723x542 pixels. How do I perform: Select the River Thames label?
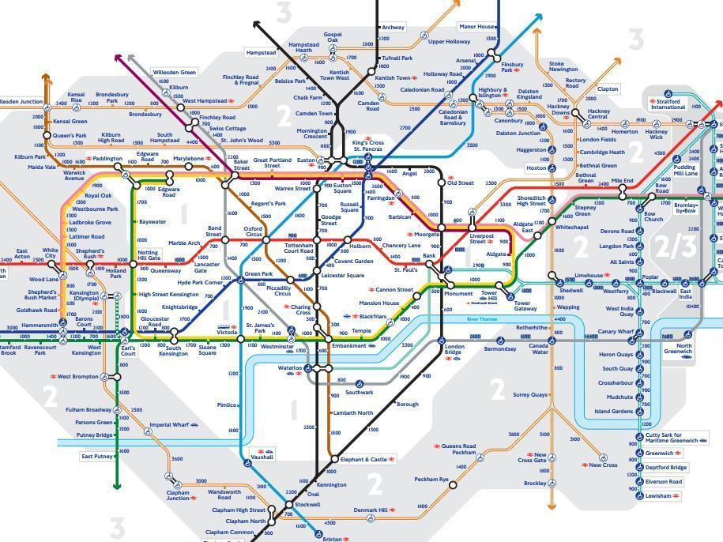(x=482, y=318)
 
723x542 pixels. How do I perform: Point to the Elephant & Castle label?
(x=363, y=459)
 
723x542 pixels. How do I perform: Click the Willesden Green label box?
(x=174, y=72)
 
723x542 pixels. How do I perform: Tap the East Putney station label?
(x=97, y=456)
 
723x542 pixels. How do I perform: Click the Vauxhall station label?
(x=262, y=457)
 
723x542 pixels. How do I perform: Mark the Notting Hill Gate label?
(x=149, y=255)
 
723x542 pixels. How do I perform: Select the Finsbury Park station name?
(x=512, y=66)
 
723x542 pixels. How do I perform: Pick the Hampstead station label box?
(x=261, y=53)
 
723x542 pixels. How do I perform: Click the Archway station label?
(x=393, y=27)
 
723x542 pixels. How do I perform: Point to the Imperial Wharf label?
(x=168, y=425)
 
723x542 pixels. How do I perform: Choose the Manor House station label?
(x=476, y=27)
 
